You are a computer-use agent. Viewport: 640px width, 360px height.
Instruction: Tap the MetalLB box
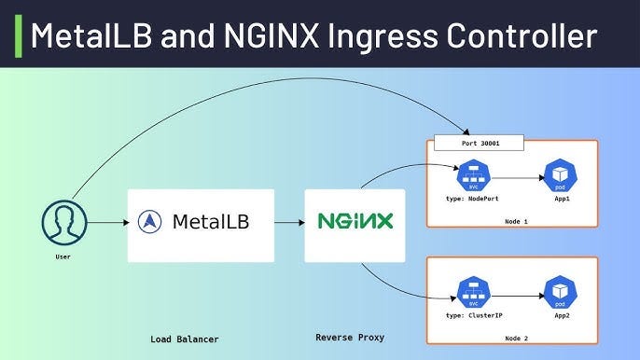201,224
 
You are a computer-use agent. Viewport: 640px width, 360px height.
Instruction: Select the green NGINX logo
355,222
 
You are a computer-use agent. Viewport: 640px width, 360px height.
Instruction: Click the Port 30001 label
477,144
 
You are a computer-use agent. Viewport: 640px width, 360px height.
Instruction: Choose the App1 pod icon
560,174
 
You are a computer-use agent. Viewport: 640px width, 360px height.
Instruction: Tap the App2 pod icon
560,292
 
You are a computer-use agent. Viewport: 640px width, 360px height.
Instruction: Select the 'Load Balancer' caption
185,339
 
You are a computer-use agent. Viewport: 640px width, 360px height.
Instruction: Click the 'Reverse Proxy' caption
350,337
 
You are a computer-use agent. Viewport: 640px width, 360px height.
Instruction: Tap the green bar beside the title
19,34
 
